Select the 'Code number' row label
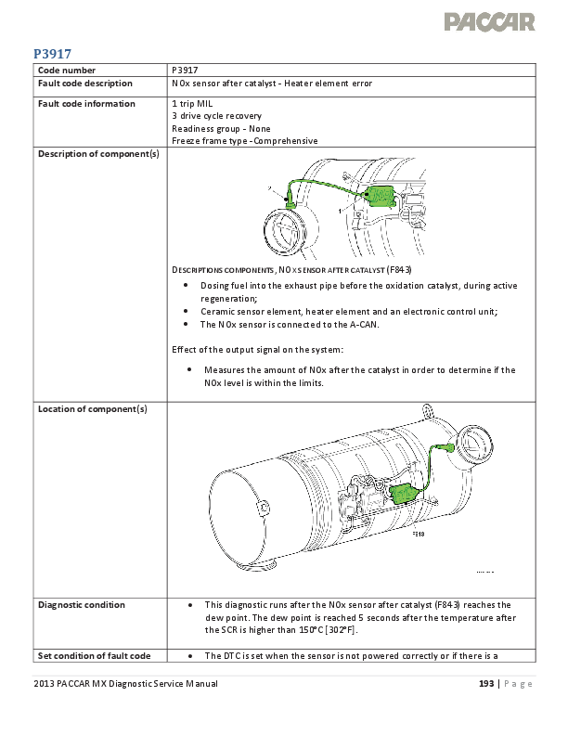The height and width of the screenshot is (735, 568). (65, 71)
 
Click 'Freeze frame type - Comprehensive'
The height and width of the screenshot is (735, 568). (244, 141)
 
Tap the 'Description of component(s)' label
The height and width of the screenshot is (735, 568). (97, 154)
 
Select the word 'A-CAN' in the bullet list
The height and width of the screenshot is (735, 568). (361, 325)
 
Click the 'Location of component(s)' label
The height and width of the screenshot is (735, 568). (93, 408)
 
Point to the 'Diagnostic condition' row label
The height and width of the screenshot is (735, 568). (81, 604)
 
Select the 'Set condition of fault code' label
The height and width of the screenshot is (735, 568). (94, 656)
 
